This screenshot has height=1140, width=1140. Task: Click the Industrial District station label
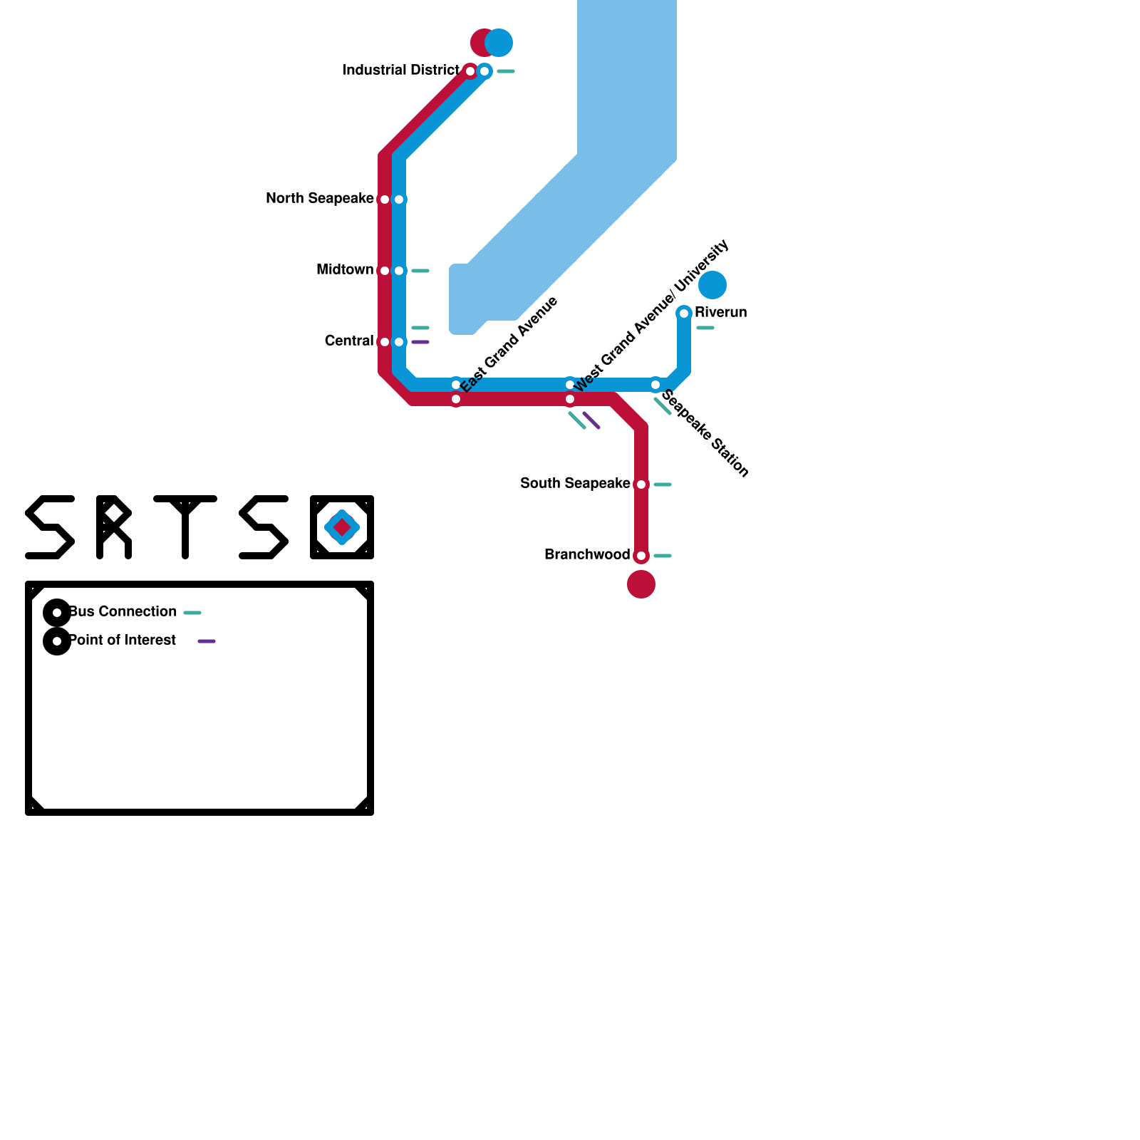[x=400, y=71]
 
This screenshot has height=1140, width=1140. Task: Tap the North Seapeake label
[x=319, y=199]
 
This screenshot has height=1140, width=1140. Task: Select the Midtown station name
[x=345, y=270]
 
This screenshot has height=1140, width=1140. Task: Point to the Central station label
[x=348, y=341]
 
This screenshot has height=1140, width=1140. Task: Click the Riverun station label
[x=720, y=313]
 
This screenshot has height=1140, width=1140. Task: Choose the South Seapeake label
[x=575, y=484]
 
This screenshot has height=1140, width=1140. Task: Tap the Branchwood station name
[x=587, y=555]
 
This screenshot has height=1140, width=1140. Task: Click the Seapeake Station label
[x=705, y=434]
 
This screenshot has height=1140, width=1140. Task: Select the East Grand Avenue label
[x=509, y=344]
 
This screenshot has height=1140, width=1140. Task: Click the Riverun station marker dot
[x=684, y=313]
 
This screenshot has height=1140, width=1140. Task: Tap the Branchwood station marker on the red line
[x=641, y=556]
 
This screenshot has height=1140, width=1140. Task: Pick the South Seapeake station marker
[x=641, y=484]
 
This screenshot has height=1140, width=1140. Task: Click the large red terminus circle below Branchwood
[x=641, y=585]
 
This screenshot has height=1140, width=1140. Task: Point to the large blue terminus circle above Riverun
[x=712, y=285]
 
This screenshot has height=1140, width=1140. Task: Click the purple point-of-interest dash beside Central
[x=420, y=343]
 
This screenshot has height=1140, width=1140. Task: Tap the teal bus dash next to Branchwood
[x=663, y=556]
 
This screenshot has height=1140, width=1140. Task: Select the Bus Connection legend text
[x=123, y=612]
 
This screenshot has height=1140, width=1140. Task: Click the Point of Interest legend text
[x=123, y=641]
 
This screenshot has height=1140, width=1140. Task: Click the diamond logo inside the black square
[x=342, y=527]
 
